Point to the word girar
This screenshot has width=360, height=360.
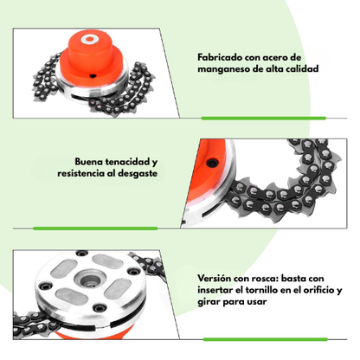coord(212,302)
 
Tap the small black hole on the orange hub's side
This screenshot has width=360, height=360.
coord(90,75)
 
